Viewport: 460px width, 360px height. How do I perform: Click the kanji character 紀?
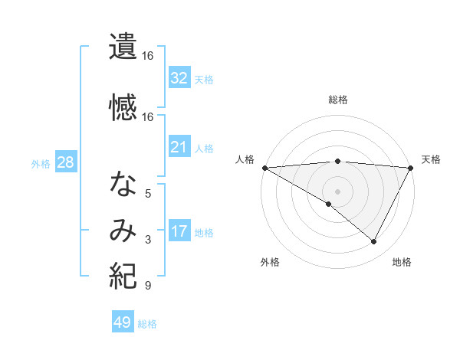[123, 274]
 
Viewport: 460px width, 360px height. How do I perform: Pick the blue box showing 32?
[179, 77]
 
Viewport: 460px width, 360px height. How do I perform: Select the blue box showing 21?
[179, 147]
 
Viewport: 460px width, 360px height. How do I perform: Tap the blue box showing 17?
[179, 231]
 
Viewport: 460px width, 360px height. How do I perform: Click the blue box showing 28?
[66, 162]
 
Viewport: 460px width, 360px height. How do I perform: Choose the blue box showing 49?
[123, 322]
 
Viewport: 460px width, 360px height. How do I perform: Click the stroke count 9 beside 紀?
[147, 286]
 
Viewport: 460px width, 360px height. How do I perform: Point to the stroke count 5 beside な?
[149, 194]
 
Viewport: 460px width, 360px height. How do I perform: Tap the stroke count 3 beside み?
[148, 241]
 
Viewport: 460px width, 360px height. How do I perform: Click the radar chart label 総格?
[338, 100]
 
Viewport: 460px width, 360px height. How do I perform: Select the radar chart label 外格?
[269, 263]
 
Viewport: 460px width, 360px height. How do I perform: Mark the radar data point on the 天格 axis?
[411, 168]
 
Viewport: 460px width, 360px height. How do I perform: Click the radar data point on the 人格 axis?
[264, 168]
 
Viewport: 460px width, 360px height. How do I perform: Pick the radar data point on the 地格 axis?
[374, 241]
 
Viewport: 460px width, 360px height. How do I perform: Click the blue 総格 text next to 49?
[148, 324]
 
